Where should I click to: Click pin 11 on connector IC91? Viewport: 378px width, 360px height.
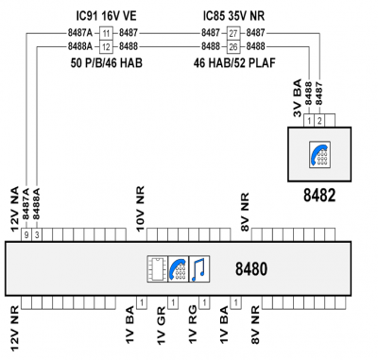(106, 33)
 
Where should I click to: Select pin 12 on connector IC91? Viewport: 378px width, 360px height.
(106, 46)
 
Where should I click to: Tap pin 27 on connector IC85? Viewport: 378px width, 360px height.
(233, 33)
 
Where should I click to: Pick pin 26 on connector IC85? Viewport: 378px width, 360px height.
(233, 46)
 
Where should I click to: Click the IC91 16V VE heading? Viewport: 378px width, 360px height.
(107, 16)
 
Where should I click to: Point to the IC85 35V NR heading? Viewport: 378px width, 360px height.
(233, 16)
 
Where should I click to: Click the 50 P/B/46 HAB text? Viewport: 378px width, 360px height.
(107, 63)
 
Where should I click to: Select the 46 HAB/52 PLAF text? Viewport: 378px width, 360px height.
(234, 63)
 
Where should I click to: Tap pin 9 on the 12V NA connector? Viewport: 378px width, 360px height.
(26, 235)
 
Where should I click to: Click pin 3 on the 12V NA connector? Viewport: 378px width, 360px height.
(37, 235)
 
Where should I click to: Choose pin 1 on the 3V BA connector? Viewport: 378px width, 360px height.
(309, 121)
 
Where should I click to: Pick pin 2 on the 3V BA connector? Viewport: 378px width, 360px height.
(319, 121)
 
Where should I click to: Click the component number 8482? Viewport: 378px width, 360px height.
(319, 196)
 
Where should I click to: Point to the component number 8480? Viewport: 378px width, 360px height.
(251, 269)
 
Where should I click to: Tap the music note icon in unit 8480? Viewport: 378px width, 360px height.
(199, 269)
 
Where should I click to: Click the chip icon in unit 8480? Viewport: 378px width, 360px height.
(158, 269)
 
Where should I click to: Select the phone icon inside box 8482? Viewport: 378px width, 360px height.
(319, 155)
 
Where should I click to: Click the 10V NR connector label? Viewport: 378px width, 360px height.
(140, 209)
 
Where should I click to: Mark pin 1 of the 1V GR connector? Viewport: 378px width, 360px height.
(173, 303)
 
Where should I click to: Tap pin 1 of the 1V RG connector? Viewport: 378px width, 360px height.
(204, 303)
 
